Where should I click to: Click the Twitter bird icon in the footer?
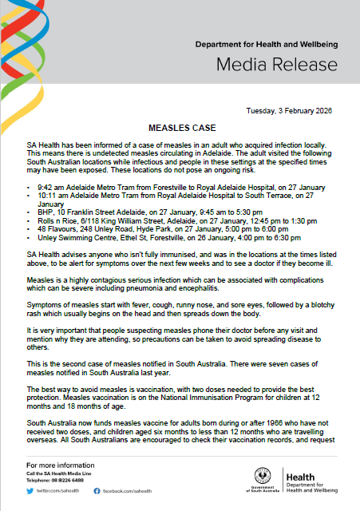30,492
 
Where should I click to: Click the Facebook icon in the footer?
95,492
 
